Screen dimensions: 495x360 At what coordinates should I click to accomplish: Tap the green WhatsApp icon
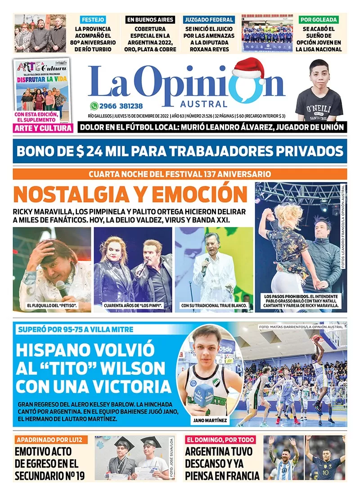tap(94, 106)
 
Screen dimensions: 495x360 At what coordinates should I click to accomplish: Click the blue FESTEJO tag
tap(93, 20)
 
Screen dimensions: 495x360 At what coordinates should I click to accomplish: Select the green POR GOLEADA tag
tap(319, 20)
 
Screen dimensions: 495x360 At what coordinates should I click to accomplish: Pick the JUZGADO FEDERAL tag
tap(208, 20)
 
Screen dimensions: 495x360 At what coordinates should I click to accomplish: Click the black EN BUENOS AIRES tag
tap(150, 20)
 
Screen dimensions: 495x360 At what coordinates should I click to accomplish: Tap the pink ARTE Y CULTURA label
tap(43, 129)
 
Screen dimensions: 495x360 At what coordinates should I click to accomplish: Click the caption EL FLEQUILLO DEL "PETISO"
tap(52, 306)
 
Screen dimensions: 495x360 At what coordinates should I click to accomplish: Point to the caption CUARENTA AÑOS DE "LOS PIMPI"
tap(133, 306)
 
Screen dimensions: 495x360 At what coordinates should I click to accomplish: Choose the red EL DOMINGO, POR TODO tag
tap(220, 440)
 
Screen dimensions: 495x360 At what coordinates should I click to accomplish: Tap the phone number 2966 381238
tap(122, 106)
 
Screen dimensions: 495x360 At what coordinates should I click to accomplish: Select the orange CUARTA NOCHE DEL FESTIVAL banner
tap(180, 174)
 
